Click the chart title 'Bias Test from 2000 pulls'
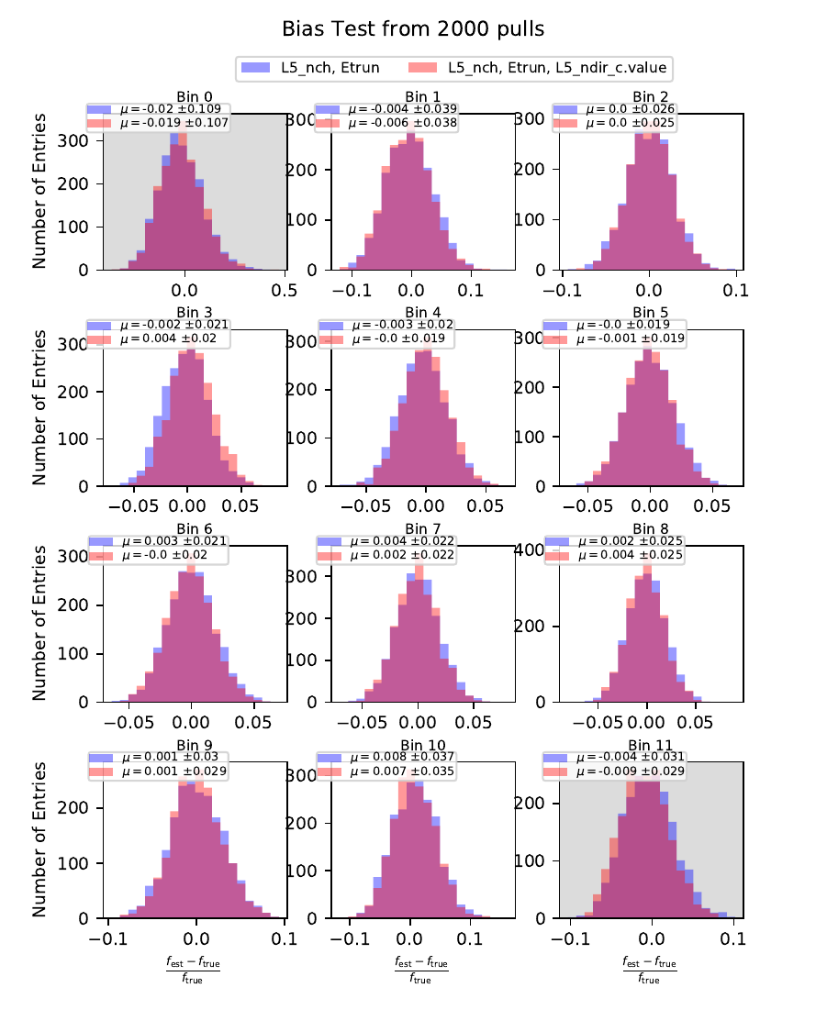click(413, 29)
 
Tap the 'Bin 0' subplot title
click(186, 96)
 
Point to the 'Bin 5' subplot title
click(649, 313)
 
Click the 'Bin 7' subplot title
click(417, 529)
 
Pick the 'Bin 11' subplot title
click(649, 745)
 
